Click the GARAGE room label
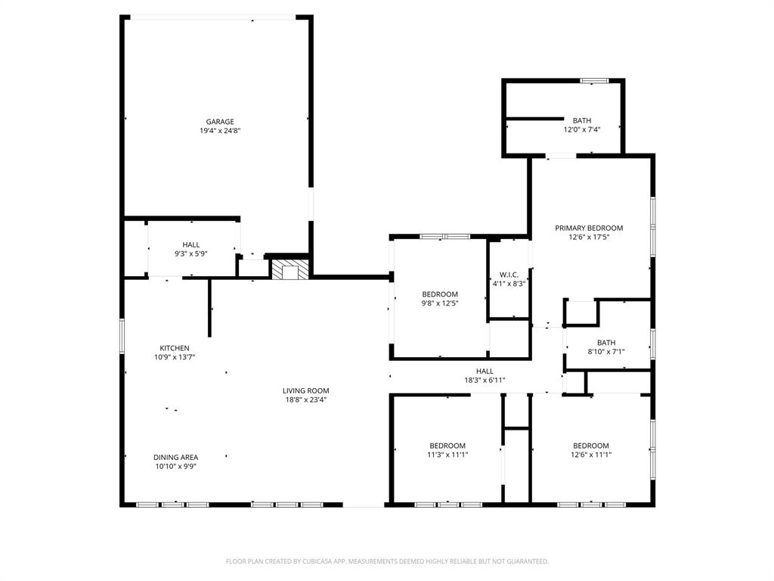tap(220, 122)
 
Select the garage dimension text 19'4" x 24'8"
tap(220, 131)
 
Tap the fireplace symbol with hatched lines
tap(290, 270)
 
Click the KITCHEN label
tap(174, 348)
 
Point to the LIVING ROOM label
tap(306, 391)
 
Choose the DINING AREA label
tap(175, 457)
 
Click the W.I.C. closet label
tap(507, 275)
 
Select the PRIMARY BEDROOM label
tap(589, 228)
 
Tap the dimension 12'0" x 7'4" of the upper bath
tap(581, 129)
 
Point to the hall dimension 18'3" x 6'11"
tap(485, 381)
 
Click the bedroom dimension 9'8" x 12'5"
tap(439, 303)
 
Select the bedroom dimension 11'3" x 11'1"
tap(447, 455)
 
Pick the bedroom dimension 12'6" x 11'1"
tap(590, 455)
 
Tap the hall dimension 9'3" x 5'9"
tap(190, 253)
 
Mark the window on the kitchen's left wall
tap(122, 336)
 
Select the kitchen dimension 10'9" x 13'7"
tap(174, 357)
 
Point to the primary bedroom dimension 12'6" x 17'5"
tap(589, 237)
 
